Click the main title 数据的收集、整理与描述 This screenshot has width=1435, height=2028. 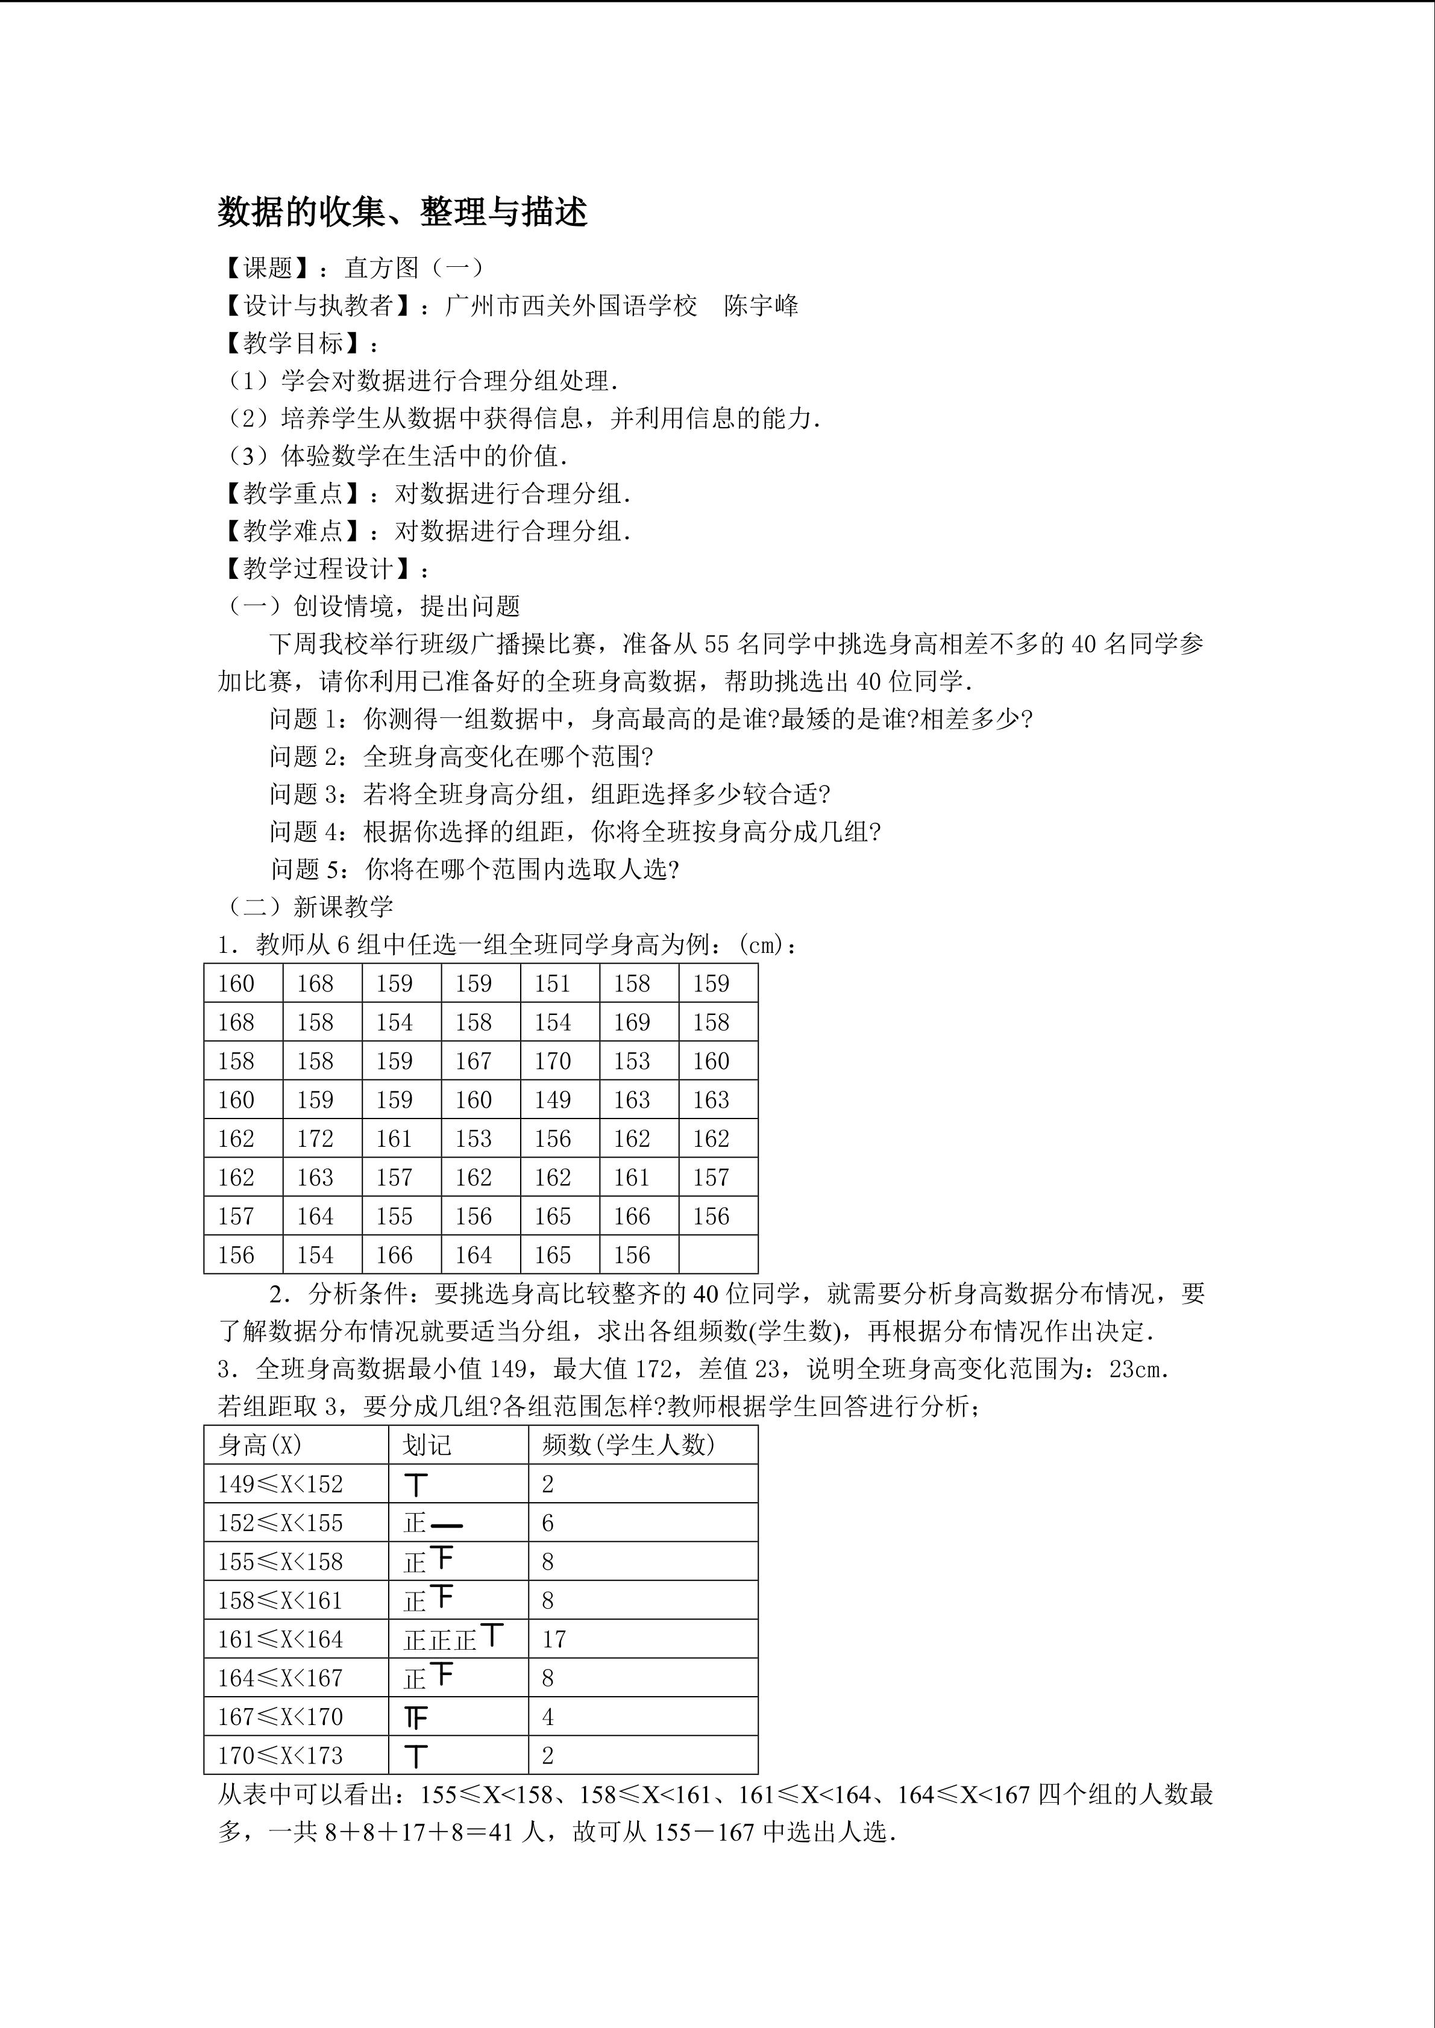(x=403, y=212)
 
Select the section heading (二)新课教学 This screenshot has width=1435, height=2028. (x=306, y=907)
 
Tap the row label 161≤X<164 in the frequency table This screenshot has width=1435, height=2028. (x=280, y=1640)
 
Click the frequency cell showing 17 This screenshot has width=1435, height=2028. (x=554, y=1640)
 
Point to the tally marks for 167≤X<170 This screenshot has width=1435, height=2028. (x=416, y=1718)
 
